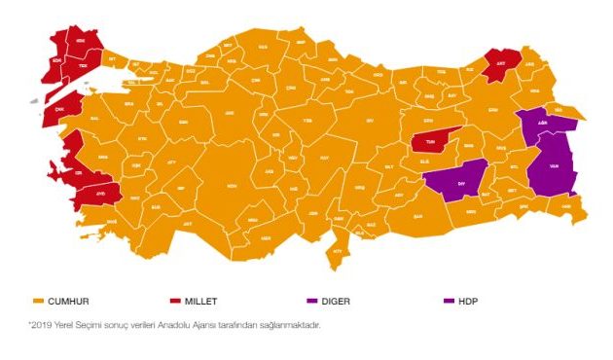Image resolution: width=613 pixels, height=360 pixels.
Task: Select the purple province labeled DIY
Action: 450,181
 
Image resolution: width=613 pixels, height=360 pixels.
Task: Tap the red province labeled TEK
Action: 84,65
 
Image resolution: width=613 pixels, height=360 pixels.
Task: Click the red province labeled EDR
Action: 56,56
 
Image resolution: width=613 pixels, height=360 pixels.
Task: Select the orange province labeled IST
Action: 112,60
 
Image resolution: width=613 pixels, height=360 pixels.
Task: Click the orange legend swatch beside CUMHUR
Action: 38,301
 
